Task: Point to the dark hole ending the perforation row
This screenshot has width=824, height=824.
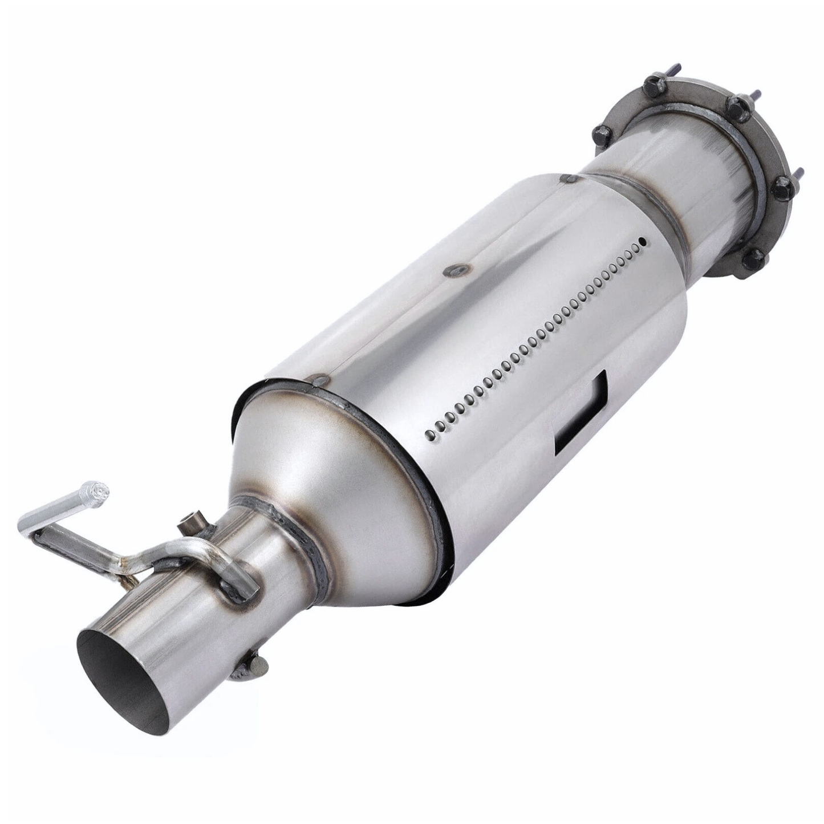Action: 643,242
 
